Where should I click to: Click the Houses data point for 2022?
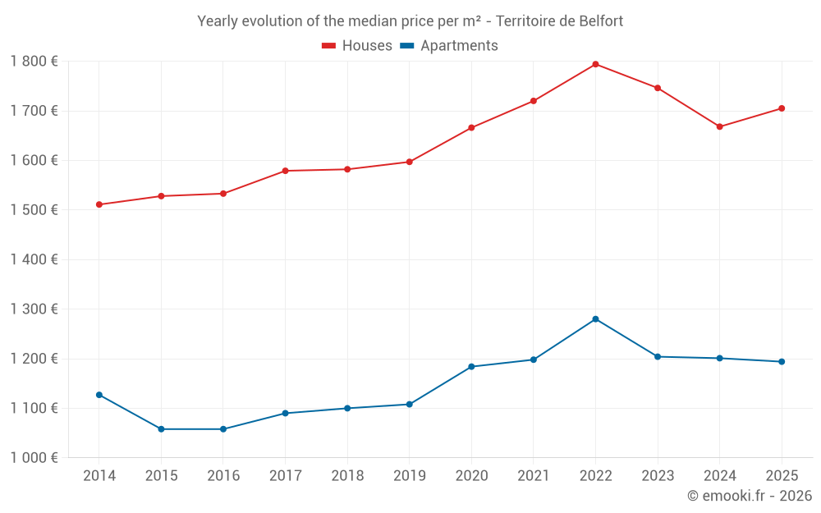pyautogui.click(x=595, y=64)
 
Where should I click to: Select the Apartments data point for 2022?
pyautogui.click(x=595, y=319)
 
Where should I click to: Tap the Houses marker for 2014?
pyautogui.click(x=99, y=204)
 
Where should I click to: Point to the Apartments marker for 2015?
pyautogui.click(x=161, y=429)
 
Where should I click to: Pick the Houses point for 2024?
pyautogui.click(x=720, y=126)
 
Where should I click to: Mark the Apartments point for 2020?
pyautogui.click(x=471, y=367)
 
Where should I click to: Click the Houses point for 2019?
pyautogui.click(x=410, y=162)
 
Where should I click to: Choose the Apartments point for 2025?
pyautogui.click(x=782, y=362)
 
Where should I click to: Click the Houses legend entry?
pyautogui.click(x=357, y=46)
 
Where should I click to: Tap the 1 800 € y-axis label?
pyautogui.click(x=34, y=62)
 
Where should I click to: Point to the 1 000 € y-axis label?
pyautogui.click(x=34, y=458)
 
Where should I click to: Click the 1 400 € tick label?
pyautogui.click(x=34, y=260)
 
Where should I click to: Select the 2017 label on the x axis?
pyautogui.click(x=285, y=476)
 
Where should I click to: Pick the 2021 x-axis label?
pyautogui.click(x=534, y=476)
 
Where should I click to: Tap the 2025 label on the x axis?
pyautogui.click(x=782, y=476)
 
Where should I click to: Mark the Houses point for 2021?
pyautogui.click(x=534, y=101)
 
